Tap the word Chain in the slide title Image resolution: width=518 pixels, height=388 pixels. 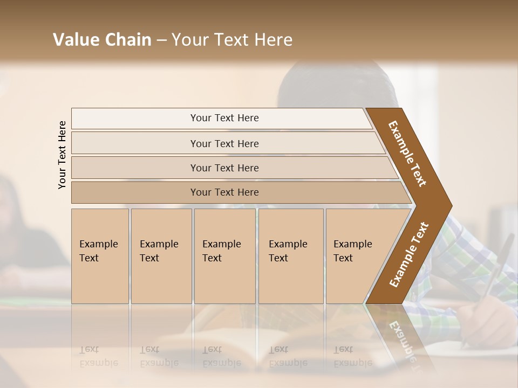pos(128,40)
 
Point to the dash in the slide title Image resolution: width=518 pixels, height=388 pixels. pos(161,40)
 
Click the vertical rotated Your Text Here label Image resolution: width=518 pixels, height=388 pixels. pos(62,155)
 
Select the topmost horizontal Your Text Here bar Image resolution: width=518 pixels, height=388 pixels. pos(224,118)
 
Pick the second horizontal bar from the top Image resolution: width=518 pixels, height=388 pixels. pos(224,143)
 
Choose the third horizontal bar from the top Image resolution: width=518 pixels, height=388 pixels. pos(224,168)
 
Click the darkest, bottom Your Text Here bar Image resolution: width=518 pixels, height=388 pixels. pos(224,192)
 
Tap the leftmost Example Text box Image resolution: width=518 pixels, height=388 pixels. pos(100,255)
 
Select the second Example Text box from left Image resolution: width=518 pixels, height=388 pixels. pos(161,255)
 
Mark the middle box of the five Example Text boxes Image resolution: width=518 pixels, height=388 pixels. pos(224,255)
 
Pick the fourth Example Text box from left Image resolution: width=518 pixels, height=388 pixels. pos(290,255)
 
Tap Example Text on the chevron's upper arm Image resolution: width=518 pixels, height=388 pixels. pos(408,153)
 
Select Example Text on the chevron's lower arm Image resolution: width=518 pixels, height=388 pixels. pos(408,254)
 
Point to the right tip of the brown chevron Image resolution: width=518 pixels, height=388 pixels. pos(451,206)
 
